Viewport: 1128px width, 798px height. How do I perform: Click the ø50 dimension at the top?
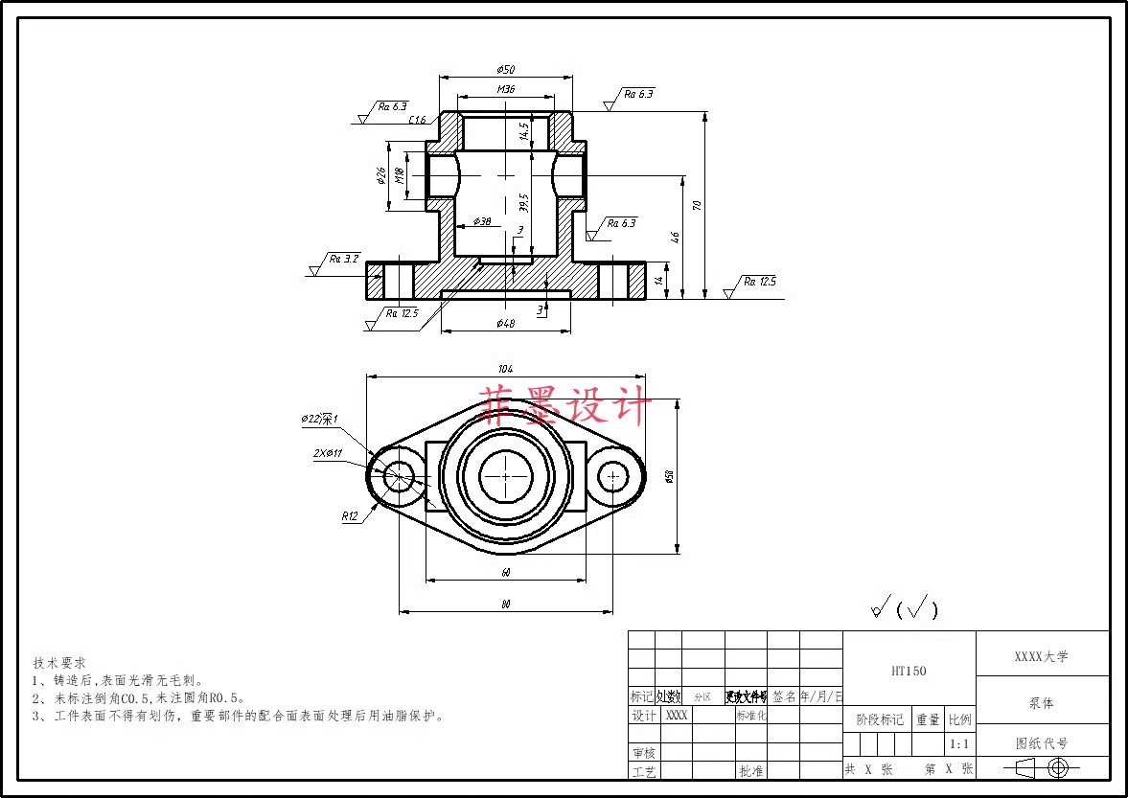click(506, 70)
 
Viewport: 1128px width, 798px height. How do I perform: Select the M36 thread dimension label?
click(506, 89)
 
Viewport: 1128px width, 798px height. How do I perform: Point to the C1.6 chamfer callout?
click(417, 120)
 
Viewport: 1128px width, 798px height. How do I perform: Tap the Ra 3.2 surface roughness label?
click(343, 259)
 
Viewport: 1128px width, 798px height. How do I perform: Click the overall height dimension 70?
click(698, 205)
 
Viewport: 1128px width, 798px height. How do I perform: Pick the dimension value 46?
click(675, 237)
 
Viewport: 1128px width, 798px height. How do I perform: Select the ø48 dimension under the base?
click(506, 324)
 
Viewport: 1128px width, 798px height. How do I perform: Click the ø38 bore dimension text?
click(482, 221)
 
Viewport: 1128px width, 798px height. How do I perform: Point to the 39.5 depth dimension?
click(523, 203)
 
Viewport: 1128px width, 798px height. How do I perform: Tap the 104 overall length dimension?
click(505, 369)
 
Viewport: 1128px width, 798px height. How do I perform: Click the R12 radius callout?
click(350, 516)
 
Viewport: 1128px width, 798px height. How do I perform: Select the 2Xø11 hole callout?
click(328, 453)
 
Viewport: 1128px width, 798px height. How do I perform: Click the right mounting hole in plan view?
click(613, 475)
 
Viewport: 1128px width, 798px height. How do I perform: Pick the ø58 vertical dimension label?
click(669, 476)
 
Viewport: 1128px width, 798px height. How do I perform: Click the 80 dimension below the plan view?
click(505, 604)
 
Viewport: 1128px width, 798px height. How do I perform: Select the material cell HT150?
click(909, 672)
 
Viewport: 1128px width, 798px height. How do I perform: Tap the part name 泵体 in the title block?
click(1042, 702)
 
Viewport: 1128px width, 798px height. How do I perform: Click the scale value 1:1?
click(958, 743)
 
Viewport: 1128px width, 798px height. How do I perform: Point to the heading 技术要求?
click(59, 662)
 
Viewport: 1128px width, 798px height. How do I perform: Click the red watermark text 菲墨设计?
click(565, 405)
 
